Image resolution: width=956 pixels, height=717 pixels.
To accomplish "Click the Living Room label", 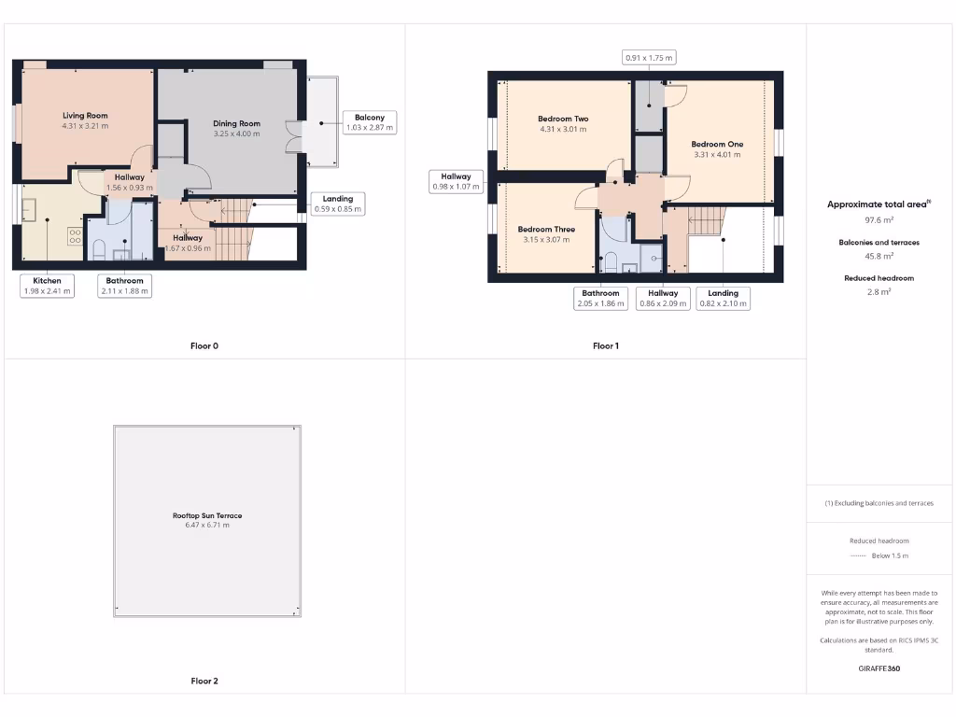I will (85, 116).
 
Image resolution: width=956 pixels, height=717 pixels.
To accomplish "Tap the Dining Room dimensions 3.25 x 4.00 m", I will (236, 134).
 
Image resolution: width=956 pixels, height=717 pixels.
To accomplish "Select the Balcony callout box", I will (369, 122).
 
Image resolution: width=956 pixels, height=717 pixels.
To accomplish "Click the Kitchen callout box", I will (48, 286).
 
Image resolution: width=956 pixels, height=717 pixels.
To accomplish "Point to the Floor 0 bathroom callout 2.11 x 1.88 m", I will (124, 286).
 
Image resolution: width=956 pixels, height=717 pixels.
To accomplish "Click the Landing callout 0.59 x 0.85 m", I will (338, 204).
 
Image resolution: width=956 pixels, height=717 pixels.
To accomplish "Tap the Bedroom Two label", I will (563, 119).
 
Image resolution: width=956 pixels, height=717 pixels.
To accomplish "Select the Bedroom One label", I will (717, 144).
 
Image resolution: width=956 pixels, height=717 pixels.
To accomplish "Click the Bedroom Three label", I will (546, 229).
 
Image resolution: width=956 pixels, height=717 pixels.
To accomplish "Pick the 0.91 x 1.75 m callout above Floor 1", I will (649, 58).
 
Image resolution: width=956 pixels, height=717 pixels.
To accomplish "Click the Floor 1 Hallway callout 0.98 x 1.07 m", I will (456, 181).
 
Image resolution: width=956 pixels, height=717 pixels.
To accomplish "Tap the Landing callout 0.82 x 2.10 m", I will (723, 298).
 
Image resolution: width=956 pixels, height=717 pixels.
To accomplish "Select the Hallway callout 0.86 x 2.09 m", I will (663, 298).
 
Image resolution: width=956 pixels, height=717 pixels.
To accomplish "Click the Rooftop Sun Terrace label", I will (207, 515).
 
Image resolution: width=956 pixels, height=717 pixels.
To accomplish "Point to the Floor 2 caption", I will (204, 682).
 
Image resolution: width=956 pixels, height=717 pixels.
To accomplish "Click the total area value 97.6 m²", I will (879, 220).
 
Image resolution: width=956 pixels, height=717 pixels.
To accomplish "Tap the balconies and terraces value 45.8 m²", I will (879, 256).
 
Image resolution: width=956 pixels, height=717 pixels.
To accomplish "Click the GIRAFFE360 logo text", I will (879, 668).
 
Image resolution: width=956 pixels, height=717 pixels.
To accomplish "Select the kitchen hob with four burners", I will (75, 234).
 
